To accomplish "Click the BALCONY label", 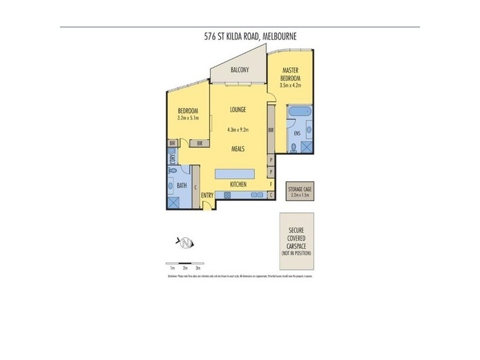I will point(239,70).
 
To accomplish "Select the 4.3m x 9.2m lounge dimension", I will point(238,130).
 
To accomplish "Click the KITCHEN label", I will point(239,185).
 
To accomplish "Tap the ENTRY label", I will point(208,195).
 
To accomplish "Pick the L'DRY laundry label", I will point(172,159).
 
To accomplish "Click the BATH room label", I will point(182,186).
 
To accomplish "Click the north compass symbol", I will point(187,242).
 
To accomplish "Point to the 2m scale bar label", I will point(185,268).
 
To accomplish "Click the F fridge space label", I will point(271,184).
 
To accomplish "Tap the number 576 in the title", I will point(211,37).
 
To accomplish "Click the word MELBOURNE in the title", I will point(280,37).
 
